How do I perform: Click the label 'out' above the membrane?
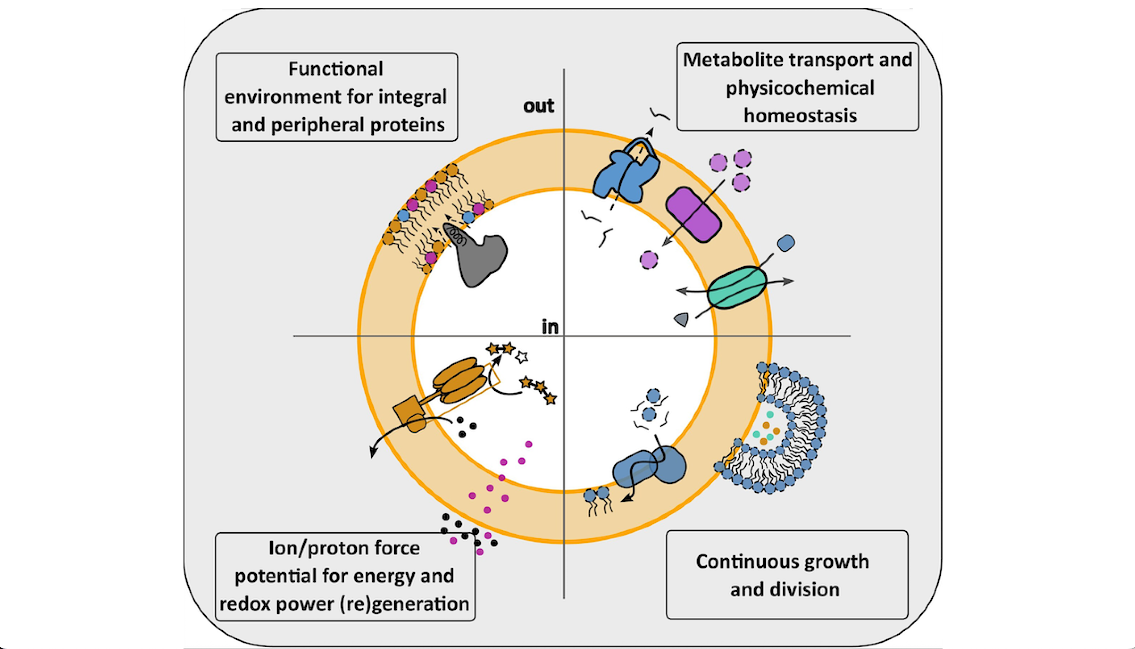[538, 106]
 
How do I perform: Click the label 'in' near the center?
[550, 327]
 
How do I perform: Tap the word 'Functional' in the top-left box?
[335, 69]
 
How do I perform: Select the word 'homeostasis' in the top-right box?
[800, 116]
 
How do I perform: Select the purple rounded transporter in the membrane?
[693, 215]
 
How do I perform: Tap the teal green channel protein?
[737, 287]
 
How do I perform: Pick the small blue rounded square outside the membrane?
[786, 243]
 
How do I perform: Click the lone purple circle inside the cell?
[648, 259]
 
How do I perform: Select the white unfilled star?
[522, 357]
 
